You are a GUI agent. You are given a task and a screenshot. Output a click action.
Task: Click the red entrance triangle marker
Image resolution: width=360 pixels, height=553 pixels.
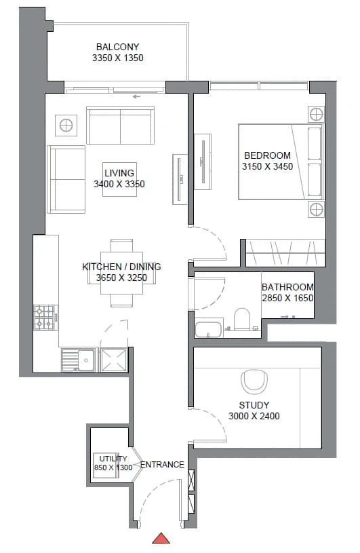(x=161, y=538)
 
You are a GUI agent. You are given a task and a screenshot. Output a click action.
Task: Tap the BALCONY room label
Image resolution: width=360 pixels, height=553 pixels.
(x=118, y=47)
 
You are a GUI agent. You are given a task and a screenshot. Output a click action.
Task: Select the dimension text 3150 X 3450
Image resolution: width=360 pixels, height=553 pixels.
(x=267, y=166)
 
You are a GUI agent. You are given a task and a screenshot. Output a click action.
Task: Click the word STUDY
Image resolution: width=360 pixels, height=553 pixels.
(x=254, y=405)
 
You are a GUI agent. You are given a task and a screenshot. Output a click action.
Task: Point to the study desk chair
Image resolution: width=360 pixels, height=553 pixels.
(x=254, y=381)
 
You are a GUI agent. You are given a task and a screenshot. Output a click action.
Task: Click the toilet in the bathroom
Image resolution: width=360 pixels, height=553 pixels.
(x=241, y=319)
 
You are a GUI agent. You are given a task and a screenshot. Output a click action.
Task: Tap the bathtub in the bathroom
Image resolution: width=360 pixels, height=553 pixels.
(x=209, y=329)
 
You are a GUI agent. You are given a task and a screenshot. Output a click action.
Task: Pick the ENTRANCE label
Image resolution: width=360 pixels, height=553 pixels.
(x=163, y=465)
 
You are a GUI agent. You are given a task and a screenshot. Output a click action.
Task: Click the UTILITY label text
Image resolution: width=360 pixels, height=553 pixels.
(x=113, y=459)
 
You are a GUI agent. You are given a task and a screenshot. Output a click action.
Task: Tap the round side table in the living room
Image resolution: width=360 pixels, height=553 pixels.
(x=66, y=126)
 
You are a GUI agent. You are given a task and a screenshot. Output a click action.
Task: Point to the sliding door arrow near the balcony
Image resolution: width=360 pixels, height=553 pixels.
(x=136, y=96)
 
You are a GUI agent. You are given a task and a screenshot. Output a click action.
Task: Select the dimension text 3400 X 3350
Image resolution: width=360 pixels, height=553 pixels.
(x=119, y=184)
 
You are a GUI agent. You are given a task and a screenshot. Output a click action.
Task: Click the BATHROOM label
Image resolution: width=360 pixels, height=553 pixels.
(x=287, y=287)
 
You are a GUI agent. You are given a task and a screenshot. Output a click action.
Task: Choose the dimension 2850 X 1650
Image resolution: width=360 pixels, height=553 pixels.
(x=287, y=298)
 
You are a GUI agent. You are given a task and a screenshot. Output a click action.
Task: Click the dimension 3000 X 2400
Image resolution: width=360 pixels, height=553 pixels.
(x=254, y=416)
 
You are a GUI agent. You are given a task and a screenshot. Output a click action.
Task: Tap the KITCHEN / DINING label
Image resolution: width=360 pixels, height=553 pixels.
(x=121, y=267)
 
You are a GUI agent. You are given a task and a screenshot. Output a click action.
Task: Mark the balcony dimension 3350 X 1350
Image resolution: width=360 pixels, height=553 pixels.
(x=118, y=58)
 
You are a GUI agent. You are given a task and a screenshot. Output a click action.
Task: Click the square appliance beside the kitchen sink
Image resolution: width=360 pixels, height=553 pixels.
(x=113, y=360)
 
